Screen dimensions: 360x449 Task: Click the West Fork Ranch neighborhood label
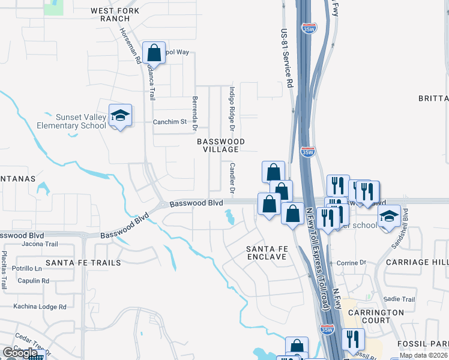[x=115, y=15]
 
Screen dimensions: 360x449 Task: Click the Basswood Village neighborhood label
[x=221, y=145]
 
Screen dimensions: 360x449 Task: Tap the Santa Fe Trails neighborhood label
[x=83, y=263]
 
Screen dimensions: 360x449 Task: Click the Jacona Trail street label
[x=39, y=244]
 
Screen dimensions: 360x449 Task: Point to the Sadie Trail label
[x=399, y=299]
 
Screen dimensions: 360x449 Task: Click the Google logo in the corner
[x=20, y=352]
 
